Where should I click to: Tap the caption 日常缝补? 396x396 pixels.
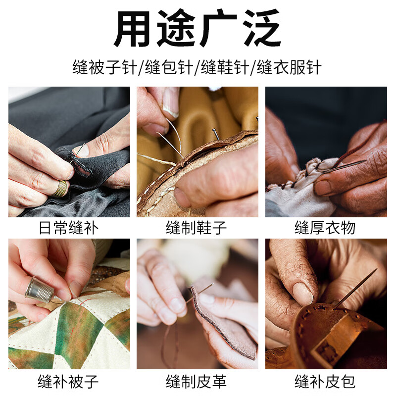tap(69, 228)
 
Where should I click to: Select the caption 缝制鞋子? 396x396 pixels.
tap(197, 228)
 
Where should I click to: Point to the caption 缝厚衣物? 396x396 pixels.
tap(325, 228)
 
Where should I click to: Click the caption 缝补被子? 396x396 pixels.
tap(69, 382)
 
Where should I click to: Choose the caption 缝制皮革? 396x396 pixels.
tap(197, 382)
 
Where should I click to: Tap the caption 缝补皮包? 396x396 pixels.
tap(325, 382)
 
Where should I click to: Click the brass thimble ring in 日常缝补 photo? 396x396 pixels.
tap(61, 188)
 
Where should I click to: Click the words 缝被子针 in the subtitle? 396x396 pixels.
tap(106, 67)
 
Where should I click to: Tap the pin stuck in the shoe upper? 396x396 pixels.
tap(216, 133)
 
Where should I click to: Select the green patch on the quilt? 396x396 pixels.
tap(79, 337)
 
